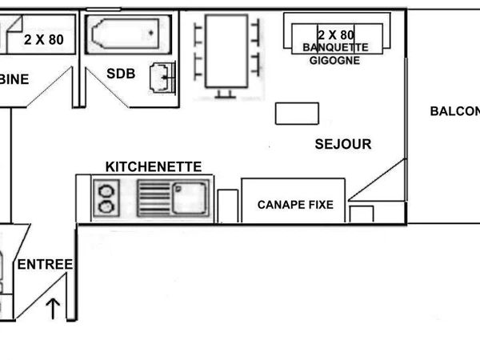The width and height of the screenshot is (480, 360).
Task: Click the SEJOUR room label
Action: point(343,145)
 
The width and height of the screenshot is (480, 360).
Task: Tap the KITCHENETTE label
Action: point(154,166)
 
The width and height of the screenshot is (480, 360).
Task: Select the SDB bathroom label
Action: point(121,74)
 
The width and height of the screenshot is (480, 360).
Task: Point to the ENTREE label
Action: point(46,265)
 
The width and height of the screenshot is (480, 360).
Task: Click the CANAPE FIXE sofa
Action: point(295,205)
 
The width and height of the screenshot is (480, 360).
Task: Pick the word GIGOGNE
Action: point(335,60)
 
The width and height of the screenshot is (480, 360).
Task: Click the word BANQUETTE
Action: point(335,48)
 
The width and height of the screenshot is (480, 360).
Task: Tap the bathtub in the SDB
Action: point(125,34)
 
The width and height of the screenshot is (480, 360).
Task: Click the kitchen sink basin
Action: point(190,198)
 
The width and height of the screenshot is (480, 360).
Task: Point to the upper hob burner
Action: point(106,190)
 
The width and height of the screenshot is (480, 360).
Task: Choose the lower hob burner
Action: point(106,207)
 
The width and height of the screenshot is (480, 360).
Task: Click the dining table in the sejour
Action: point(227,51)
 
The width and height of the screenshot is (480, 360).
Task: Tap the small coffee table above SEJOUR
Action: point(297,114)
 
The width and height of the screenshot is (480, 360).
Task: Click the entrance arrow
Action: point(53,307)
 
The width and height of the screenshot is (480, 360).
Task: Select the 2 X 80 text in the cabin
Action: point(43,38)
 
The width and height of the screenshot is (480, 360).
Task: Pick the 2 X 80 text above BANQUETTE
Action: point(335,35)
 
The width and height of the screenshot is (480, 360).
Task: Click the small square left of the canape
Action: point(228,205)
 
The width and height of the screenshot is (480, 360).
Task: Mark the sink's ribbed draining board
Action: point(154,198)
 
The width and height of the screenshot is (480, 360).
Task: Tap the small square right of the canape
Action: point(362,214)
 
